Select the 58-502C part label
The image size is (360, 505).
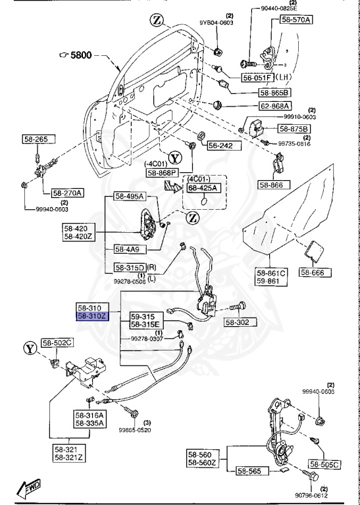pyautogui.click(x=58, y=343)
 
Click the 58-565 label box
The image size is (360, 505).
pyautogui.click(x=249, y=470)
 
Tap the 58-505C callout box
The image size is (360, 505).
pyautogui.click(x=324, y=465)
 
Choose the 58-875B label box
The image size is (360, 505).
pyautogui.click(x=296, y=128)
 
